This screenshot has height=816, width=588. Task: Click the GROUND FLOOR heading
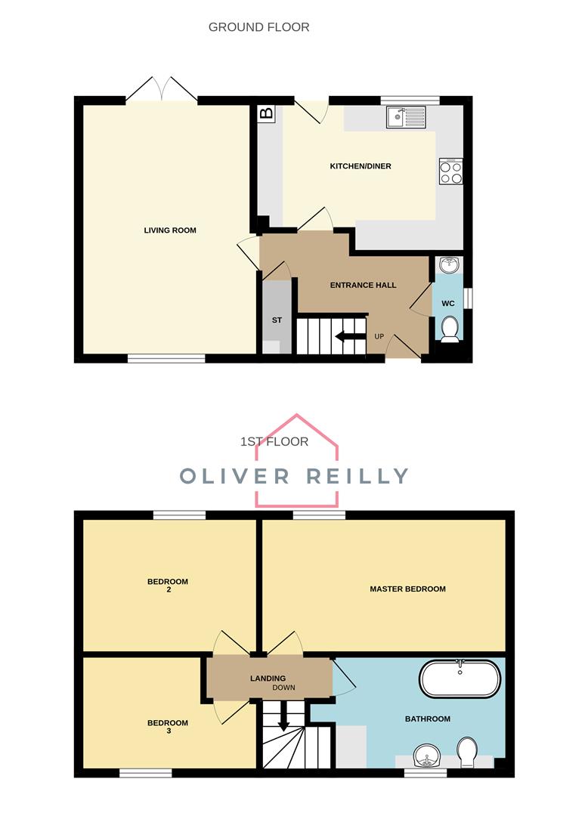[258, 27]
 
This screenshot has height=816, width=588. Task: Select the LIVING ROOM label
[170, 230]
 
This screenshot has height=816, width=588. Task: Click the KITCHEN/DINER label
[361, 166]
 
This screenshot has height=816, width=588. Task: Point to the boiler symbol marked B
[266, 114]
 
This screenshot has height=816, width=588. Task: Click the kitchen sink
[406, 116]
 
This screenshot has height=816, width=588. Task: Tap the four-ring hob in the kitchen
[451, 173]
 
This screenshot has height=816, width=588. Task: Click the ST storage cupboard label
[277, 320]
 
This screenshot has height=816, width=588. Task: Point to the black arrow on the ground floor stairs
[349, 336]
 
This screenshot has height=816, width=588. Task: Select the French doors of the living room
[161, 89]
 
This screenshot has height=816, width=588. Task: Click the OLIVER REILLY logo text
[294, 476]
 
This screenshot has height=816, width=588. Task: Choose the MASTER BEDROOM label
[407, 589]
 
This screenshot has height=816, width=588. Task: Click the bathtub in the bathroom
[460, 678]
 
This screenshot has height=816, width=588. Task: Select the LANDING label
[268, 678]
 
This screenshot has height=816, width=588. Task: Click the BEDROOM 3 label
[168, 727]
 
